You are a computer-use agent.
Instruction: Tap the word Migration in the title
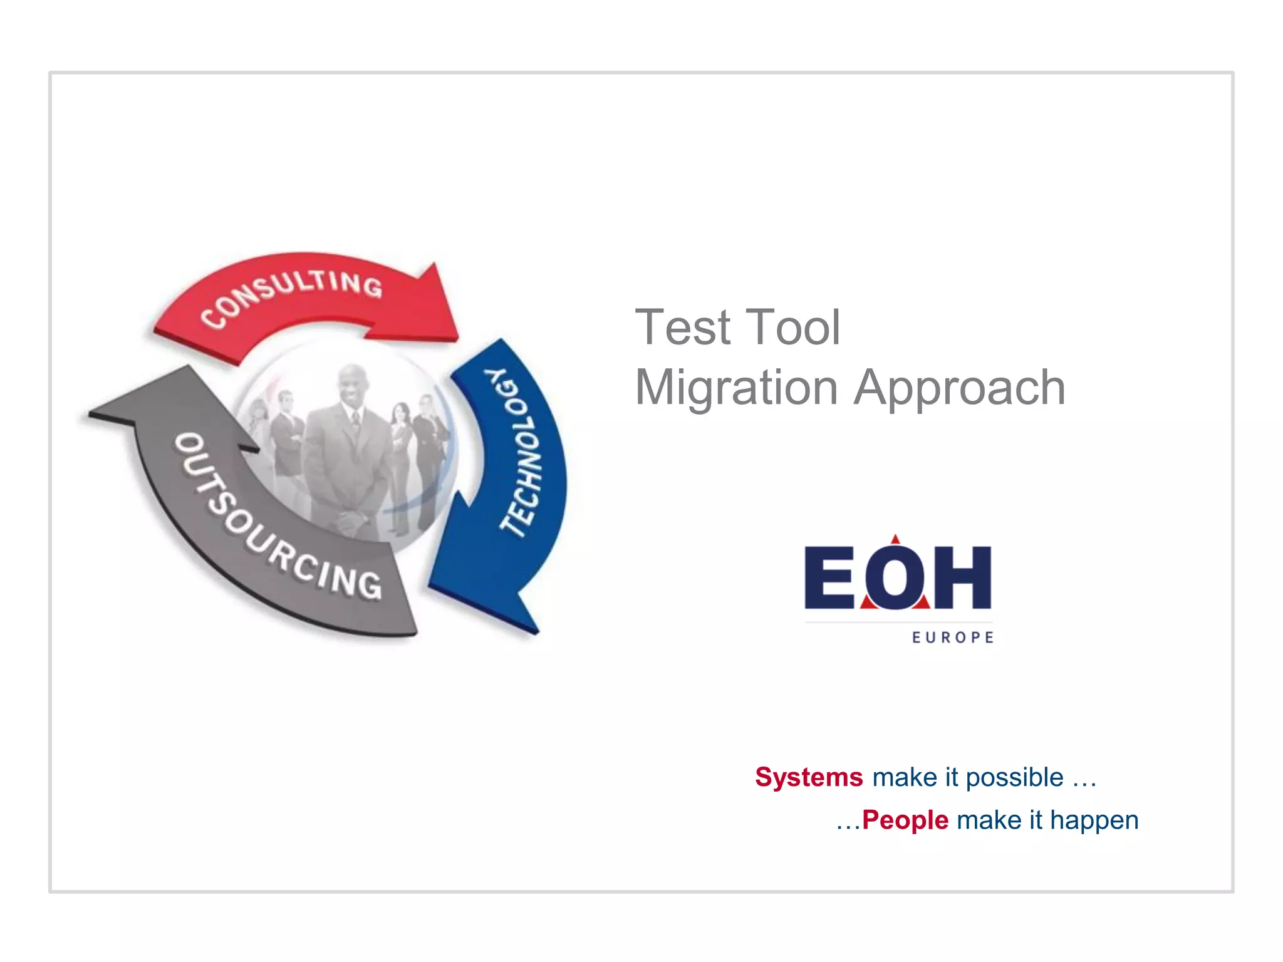click(x=737, y=388)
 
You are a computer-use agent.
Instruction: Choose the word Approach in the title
click(x=960, y=388)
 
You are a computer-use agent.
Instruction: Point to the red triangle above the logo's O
click(x=895, y=540)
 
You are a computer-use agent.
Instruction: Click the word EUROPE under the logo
click(x=953, y=638)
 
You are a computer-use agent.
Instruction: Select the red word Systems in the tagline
click(x=809, y=777)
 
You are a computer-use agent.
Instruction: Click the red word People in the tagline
click(x=905, y=820)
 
